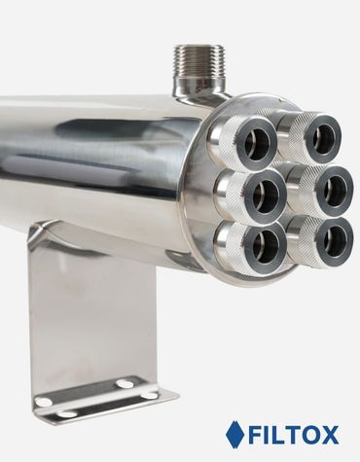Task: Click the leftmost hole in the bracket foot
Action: pyautogui.click(x=43, y=402)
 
